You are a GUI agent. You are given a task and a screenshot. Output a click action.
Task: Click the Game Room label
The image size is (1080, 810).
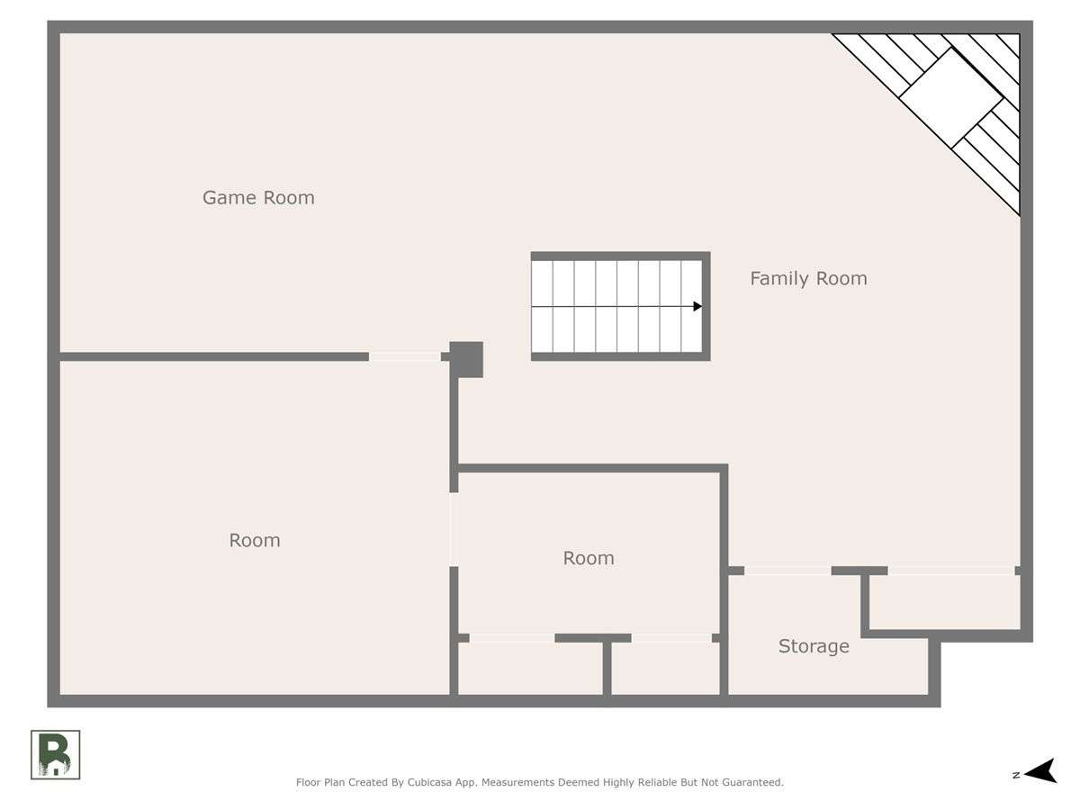pyautogui.click(x=258, y=198)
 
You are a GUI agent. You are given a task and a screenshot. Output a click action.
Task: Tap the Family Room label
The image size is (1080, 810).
pyautogui.click(x=808, y=279)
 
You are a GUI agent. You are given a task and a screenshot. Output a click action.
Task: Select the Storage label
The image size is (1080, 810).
pyautogui.click(x=814, y=646)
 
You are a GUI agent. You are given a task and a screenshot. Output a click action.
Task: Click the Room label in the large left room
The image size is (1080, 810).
pyautogui.click(x=255, y=541)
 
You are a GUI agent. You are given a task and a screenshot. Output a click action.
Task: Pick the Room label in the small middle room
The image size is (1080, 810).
pyautogui.click(x=589, y=558)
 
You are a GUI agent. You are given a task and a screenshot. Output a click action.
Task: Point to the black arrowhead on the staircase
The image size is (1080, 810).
pyautogui.click(x=697, y=306)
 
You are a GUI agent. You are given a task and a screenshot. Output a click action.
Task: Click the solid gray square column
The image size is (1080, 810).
pyautogui.click(x=466, y=359)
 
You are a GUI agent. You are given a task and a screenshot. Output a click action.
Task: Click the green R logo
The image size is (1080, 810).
pyautogui.click(x=55, y=755)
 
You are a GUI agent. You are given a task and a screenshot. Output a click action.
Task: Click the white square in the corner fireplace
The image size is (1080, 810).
pyautogui.click(x=951, y=97)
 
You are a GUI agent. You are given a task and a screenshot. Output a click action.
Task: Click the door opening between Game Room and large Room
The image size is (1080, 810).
pyautogui.click(x=404, y=356)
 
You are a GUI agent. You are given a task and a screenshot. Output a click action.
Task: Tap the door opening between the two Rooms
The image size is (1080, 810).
pyautogui.click(x=454, y=530)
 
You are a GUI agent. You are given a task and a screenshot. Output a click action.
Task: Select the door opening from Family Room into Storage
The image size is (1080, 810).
pyautogui.click(x=787, y=571)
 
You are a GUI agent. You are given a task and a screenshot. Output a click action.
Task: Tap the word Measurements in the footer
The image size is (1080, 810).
pyautogui.click(x=514, y=782)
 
